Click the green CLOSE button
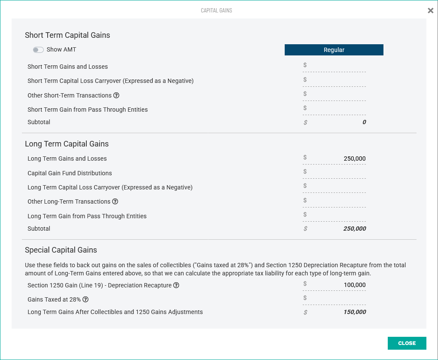407,343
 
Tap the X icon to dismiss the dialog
430,11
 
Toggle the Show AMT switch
38,50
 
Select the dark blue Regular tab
334,50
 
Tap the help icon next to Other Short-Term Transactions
116,95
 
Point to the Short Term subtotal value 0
364,122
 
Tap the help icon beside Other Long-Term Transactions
115,201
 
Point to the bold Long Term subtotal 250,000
355,229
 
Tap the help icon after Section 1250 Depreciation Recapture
176,285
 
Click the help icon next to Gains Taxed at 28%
85,299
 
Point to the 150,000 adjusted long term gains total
355,312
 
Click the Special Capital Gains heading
61,250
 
